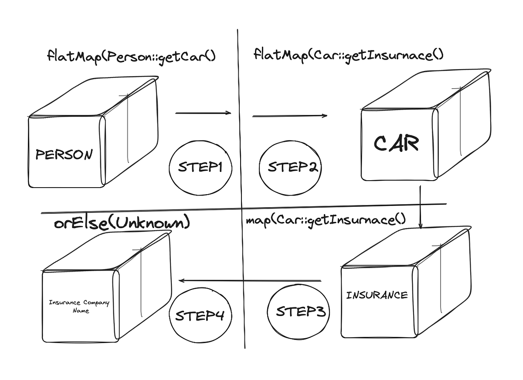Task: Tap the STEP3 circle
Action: click(x=298, y=311)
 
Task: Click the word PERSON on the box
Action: click(x=64, y=155)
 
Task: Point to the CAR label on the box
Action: click(x=396, y=143)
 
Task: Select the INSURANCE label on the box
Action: click(x=377, y=295)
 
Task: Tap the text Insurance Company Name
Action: click(x=79, y=306)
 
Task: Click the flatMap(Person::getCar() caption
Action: click(x=131, y=56)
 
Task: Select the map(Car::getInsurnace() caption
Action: click(x=326, y=220)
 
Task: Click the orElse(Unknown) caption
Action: click(x=122, y=223)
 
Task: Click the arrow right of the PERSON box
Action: click(x=203, y=113)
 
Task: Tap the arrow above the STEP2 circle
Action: click(x=290, y=116)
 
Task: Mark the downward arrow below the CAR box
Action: click(x=420, y=207)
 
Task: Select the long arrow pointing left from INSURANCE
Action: click(x=251, y=281)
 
